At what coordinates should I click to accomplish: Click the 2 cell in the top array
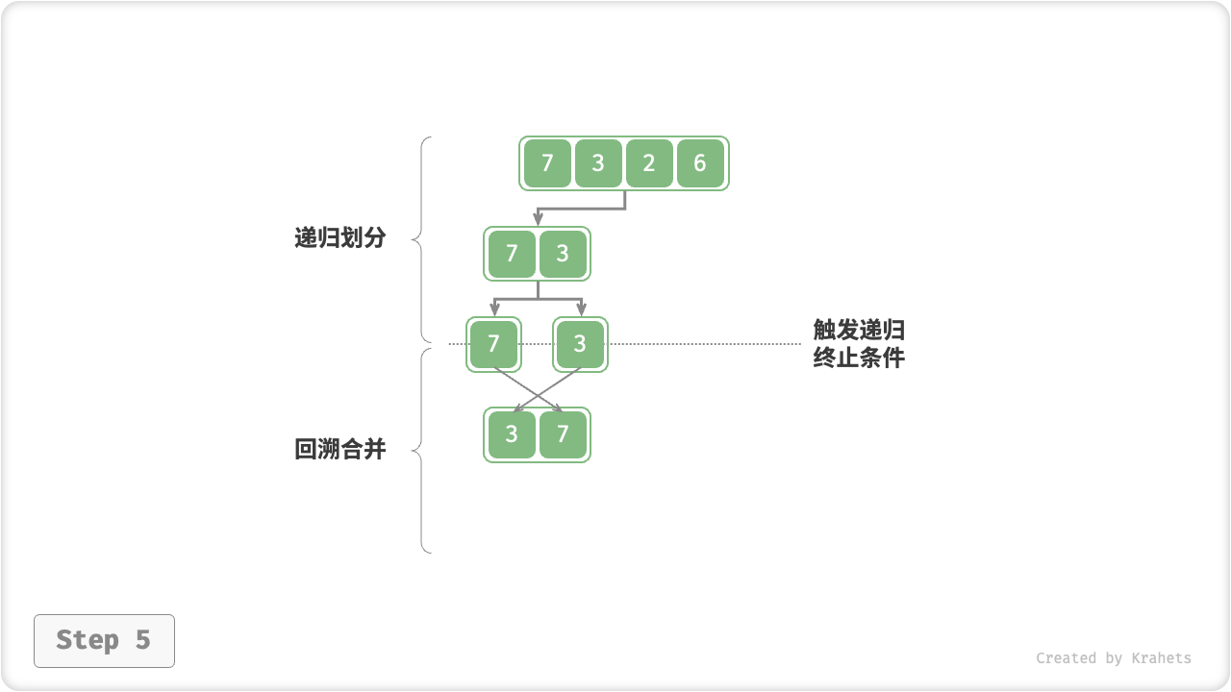point(649,163)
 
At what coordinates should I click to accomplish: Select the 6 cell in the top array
point(700,163)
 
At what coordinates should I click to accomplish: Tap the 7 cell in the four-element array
point(547,163)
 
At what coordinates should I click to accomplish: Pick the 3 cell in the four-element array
point(598,163)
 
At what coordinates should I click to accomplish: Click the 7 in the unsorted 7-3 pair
point(512,254)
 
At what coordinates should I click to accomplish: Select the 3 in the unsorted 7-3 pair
point(563,254)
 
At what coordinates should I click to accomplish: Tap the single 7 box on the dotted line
point(494,344)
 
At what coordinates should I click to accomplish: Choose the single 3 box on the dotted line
point(580,344)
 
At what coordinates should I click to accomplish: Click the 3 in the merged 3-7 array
point(512,434)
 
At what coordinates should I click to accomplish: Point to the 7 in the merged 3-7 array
point(563,434)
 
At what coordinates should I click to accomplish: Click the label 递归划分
point(339,238)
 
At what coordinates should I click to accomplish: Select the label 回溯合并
point(339,449)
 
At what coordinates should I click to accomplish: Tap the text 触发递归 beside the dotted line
point(859,331)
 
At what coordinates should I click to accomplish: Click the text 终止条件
point(859,358)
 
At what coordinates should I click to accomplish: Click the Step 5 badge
point(104,640)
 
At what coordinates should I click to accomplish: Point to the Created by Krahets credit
point(1113,658)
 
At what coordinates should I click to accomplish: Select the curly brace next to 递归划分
point(423,238)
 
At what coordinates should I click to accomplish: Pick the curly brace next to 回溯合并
point(423,450)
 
